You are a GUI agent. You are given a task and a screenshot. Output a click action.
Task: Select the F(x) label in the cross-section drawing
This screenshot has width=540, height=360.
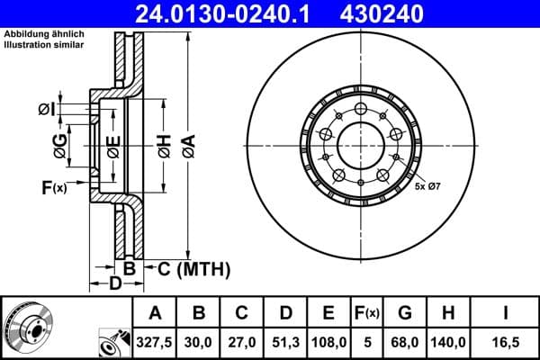(x=55, y=187)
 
